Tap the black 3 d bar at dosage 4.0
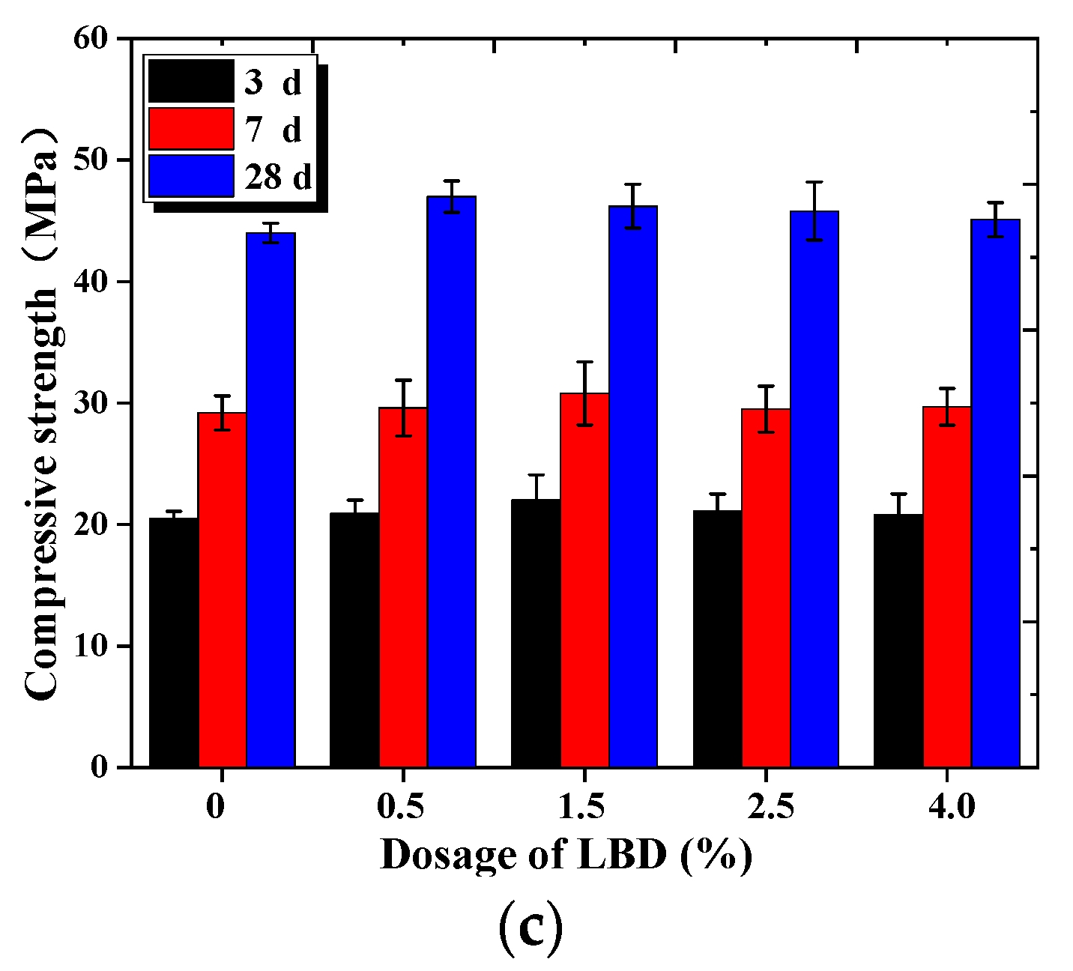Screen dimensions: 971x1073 [898, 640]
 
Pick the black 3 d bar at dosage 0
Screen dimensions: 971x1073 [174, 642]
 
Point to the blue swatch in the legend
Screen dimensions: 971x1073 [191, 176]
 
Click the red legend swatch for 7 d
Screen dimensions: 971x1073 [191, 129]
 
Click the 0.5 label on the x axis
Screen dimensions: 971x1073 [402, 808]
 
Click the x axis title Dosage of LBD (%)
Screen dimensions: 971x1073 [566, 855]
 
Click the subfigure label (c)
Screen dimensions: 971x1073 [531, 927]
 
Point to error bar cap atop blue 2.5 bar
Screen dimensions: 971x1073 [814, 182]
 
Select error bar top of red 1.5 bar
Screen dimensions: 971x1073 [584, 362]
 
